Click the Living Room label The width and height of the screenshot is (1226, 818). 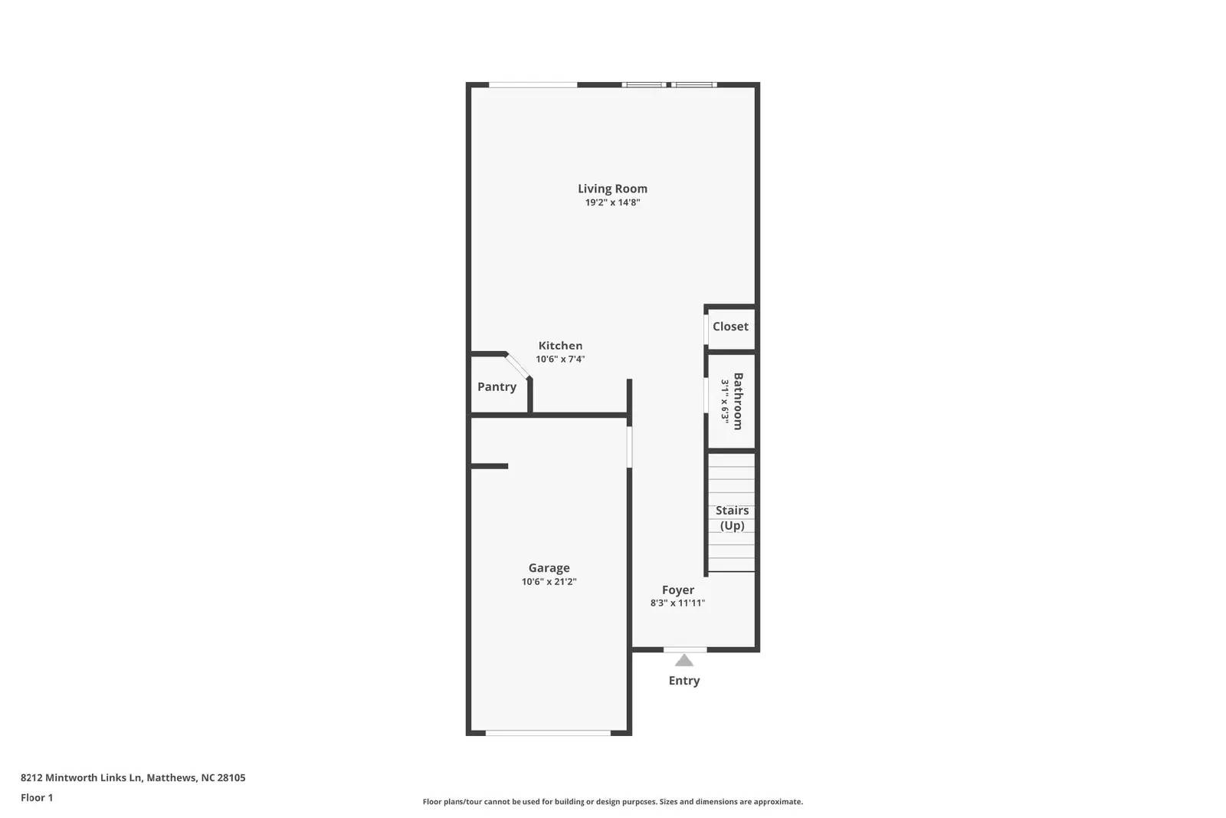pos(612,189)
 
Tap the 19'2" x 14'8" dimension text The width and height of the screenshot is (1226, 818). pos(612,203)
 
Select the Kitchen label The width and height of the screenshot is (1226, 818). pos(560,346)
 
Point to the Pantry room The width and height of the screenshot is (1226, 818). pos(497,387)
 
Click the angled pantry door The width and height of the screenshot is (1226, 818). pos(518,366)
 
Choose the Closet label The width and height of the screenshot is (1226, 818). pos(730,327)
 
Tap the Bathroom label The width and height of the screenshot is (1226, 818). pos(738,401)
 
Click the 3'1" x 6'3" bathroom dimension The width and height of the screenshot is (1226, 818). pos(724,401)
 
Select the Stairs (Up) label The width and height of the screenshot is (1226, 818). pos(732,518)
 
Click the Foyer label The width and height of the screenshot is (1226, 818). pos(678,590)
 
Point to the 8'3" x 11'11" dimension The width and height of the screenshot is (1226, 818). pos(677,603)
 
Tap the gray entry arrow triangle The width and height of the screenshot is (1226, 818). pos(684,660)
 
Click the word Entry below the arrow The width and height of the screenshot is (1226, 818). pos(684,681)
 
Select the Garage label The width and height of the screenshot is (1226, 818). pos(549,568)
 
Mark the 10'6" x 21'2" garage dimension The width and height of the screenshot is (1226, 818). pos(549,582)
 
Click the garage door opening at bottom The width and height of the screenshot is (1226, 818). pos(548,733)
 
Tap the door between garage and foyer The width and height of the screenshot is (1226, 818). pos(630,447)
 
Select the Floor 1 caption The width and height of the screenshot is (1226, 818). pos(37,797)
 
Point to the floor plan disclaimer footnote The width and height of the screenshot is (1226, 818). pos(612,802)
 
